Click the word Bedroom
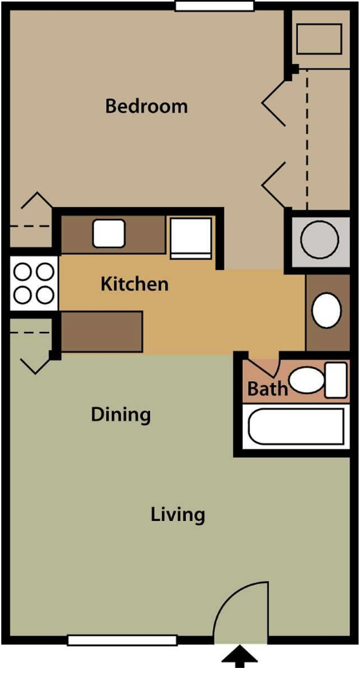[x=146, y=106]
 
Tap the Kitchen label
[x=135, y=284]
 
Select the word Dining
[x=120, y=416]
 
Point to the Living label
[x=177, y=515]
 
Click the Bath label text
[x=267, y=389]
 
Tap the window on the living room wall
[x=122, y=640]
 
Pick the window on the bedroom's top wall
[x=214, y=6]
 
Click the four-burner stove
[x=33, y=283]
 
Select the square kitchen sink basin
[x=109, y=234]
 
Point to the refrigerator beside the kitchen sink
[x=190, y=238]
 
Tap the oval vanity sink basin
[x=326, y=310]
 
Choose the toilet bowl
[x=306, y=381]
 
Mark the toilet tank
[x=336, y=380]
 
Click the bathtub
[x=297, y=426]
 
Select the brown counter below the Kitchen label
[x=102, y=331]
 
